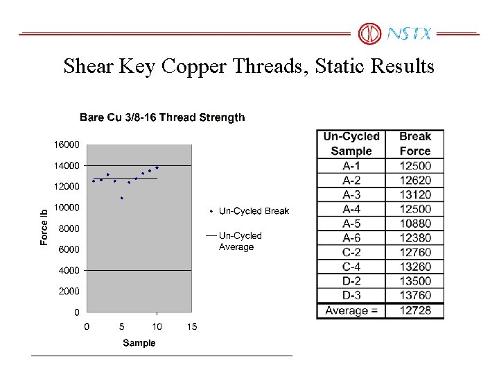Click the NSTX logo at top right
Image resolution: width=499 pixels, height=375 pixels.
click(x=396, y=33)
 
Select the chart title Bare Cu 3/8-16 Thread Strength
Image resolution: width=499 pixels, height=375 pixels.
click(x=162, y=117)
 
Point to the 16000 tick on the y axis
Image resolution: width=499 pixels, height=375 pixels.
click(x=67, y=144)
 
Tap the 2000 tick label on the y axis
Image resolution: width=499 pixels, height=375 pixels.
click(x=69, y=292)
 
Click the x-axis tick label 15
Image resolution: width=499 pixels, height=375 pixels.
click(x=192, y=326)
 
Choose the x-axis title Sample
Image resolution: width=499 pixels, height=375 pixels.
click(x=139, y=342)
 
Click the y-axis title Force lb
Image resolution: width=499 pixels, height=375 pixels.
click(x=44, y=226)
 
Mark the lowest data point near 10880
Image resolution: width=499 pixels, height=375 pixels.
click(x=122, y=198)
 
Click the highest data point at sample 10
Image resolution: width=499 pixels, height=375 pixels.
click(x=157, y=167)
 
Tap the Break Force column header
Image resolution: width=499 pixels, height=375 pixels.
click(x=414, y=144)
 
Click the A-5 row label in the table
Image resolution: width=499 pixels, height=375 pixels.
click(x=351, y=224)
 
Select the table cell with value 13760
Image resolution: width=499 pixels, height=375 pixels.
click(x=414, y=296)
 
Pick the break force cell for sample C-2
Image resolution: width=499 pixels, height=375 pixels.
click(x=414, y=252)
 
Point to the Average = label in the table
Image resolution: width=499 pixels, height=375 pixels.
click(x=351, y=310)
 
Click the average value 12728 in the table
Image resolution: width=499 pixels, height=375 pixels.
click(x=414, y=310)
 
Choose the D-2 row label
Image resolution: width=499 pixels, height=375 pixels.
click(x=351, y=281)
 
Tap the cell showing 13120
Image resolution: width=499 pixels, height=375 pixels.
click(x=414, y=194)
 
